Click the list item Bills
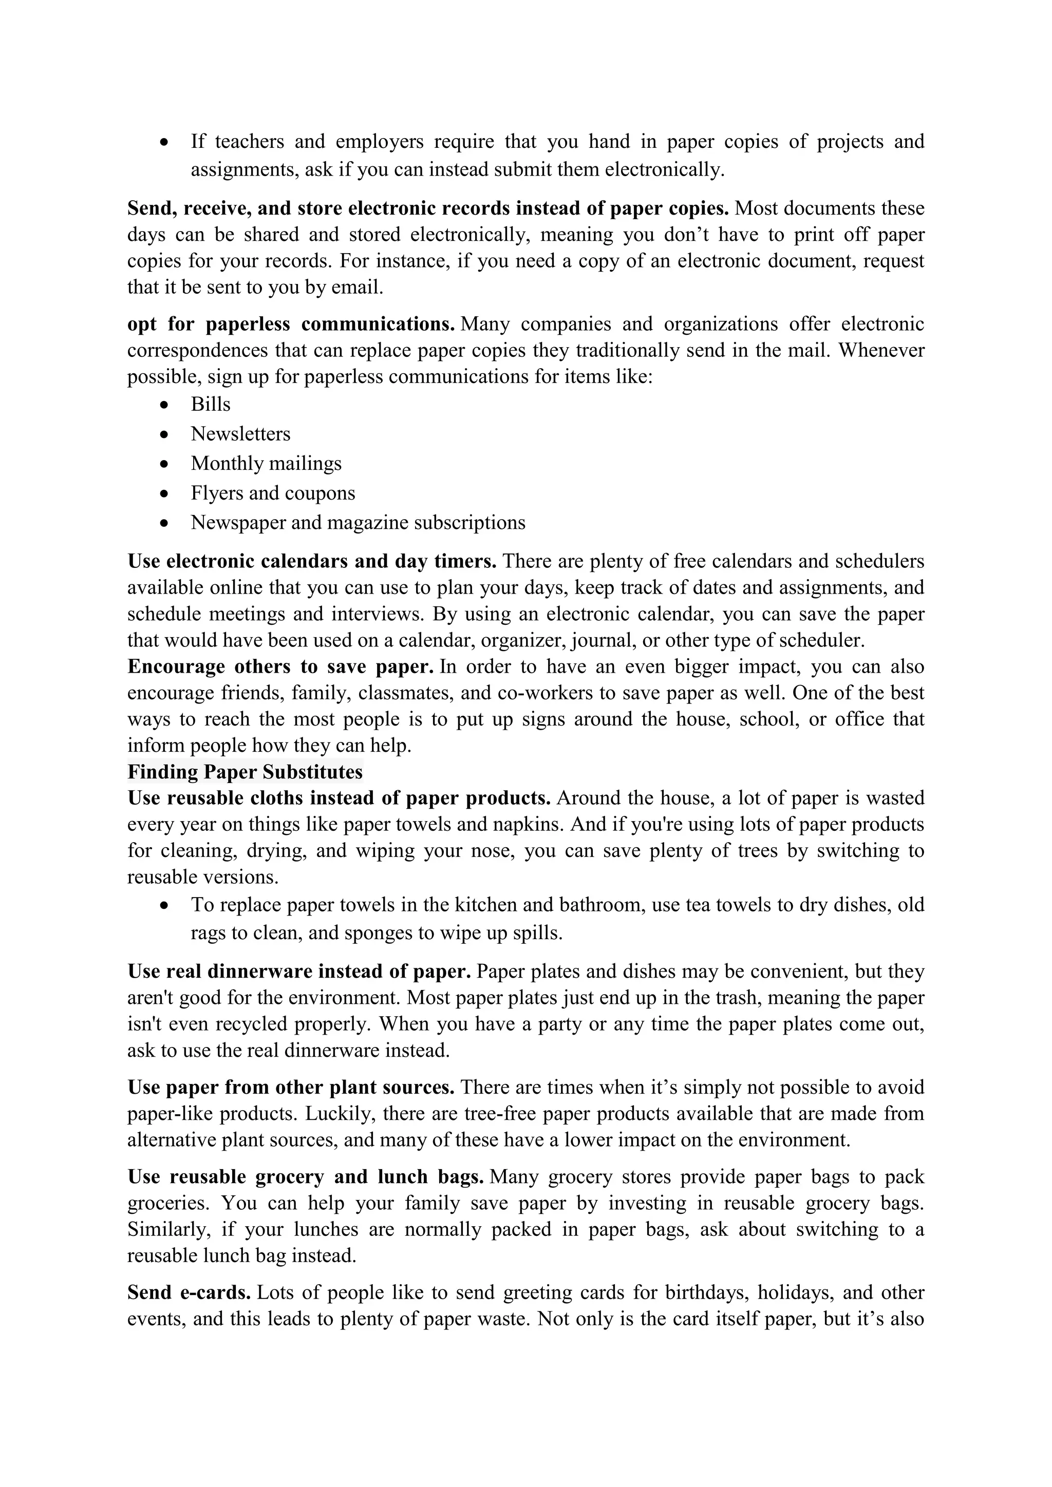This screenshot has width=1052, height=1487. (x=211, y=404)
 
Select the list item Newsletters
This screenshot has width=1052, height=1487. (x=240, y=434)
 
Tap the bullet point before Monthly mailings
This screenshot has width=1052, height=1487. (x=166, y=464)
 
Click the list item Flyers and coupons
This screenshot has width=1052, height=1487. (x=273, y=493)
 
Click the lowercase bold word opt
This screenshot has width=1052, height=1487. (x=142, y=324)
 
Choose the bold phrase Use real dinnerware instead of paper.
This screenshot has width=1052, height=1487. (x=298, y=971)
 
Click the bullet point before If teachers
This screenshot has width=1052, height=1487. (x=166, y=142)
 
